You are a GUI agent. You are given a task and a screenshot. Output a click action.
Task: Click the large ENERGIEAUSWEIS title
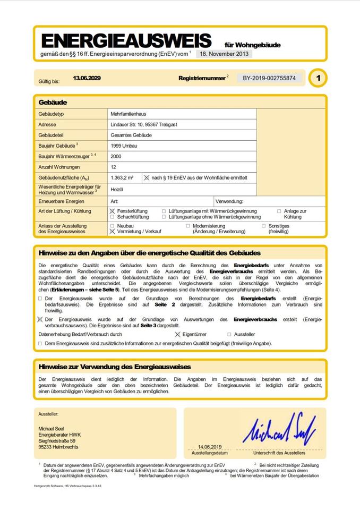[126, 41]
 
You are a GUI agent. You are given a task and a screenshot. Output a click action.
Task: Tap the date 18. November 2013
[224, 54]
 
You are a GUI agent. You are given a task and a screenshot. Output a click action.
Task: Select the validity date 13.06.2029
[87, 78]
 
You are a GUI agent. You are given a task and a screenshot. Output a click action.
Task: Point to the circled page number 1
[318, 78]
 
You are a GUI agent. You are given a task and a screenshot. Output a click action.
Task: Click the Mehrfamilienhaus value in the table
[129, 114]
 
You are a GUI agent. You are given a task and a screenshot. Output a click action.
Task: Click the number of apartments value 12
[114, 167]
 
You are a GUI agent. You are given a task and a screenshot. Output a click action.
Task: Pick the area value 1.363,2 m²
[122, 177]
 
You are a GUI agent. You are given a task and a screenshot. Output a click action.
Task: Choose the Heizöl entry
[117, 189]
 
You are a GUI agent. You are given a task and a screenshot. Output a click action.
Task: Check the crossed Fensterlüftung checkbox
[112, 211]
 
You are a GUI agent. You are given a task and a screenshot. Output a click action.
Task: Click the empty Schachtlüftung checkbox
[112, 217]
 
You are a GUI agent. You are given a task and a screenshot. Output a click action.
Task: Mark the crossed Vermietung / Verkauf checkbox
[112, 232]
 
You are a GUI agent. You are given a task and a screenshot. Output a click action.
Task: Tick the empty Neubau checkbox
[112, 226]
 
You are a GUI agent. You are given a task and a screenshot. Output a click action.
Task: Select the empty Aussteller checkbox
[229, 335]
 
